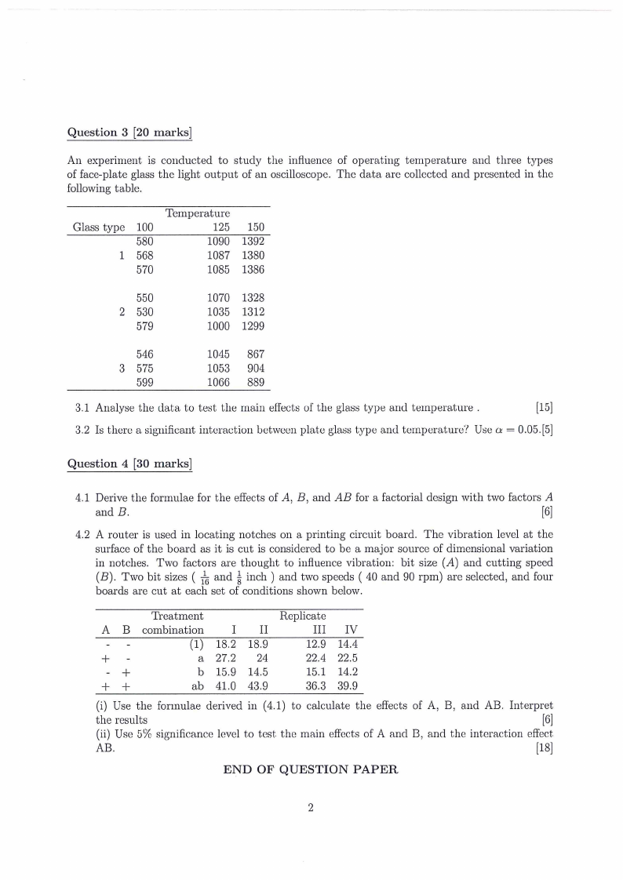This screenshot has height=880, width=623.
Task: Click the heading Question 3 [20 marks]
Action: [129, 132]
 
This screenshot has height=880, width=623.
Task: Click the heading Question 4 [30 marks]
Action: [129, 464]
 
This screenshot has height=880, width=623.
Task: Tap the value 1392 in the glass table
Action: [253, 242]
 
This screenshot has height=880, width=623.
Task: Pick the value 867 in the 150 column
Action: [256, 355]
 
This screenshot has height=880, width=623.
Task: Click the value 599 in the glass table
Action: [145, 383]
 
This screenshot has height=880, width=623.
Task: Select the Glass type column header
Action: [99, 227]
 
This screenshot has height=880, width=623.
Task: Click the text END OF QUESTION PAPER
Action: [311, 769]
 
